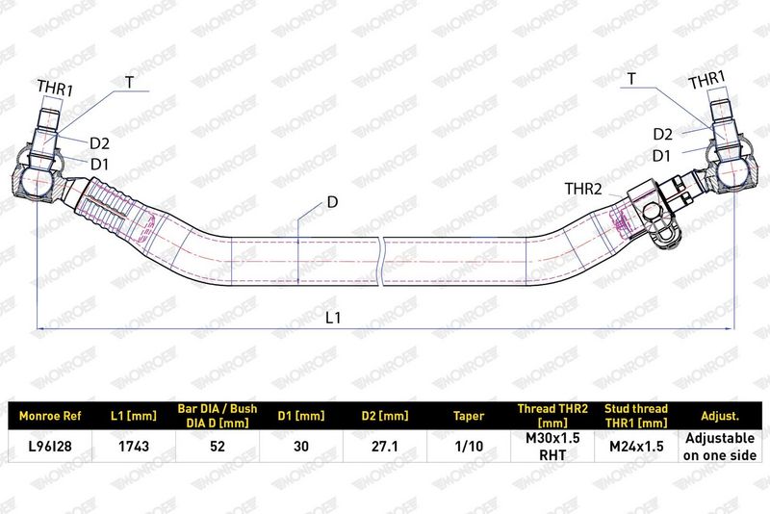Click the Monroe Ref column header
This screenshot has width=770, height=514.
pyautogui.click(x=50, y=416)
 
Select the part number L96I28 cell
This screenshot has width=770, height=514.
pyautogui.click(x=50, y=446)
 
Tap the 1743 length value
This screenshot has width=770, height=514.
pyautogui.click(x=134, y=446)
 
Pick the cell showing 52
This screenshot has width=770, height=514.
pyautogui.click(x=218, y=446)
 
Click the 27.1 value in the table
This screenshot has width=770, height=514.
pyautogui.click(x=384, y=446)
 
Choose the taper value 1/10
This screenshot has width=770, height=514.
pyautogui.click(x=469, y=446)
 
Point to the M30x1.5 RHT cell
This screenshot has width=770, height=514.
pyautogui.click(x=552, y=446)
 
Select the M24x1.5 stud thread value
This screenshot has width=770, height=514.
pyautogui.click(x=636, y=446)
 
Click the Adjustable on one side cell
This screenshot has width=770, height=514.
pyautogui.click(x=719, y=447)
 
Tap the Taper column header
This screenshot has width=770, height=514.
pyautogui.click(x=469, y=416)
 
